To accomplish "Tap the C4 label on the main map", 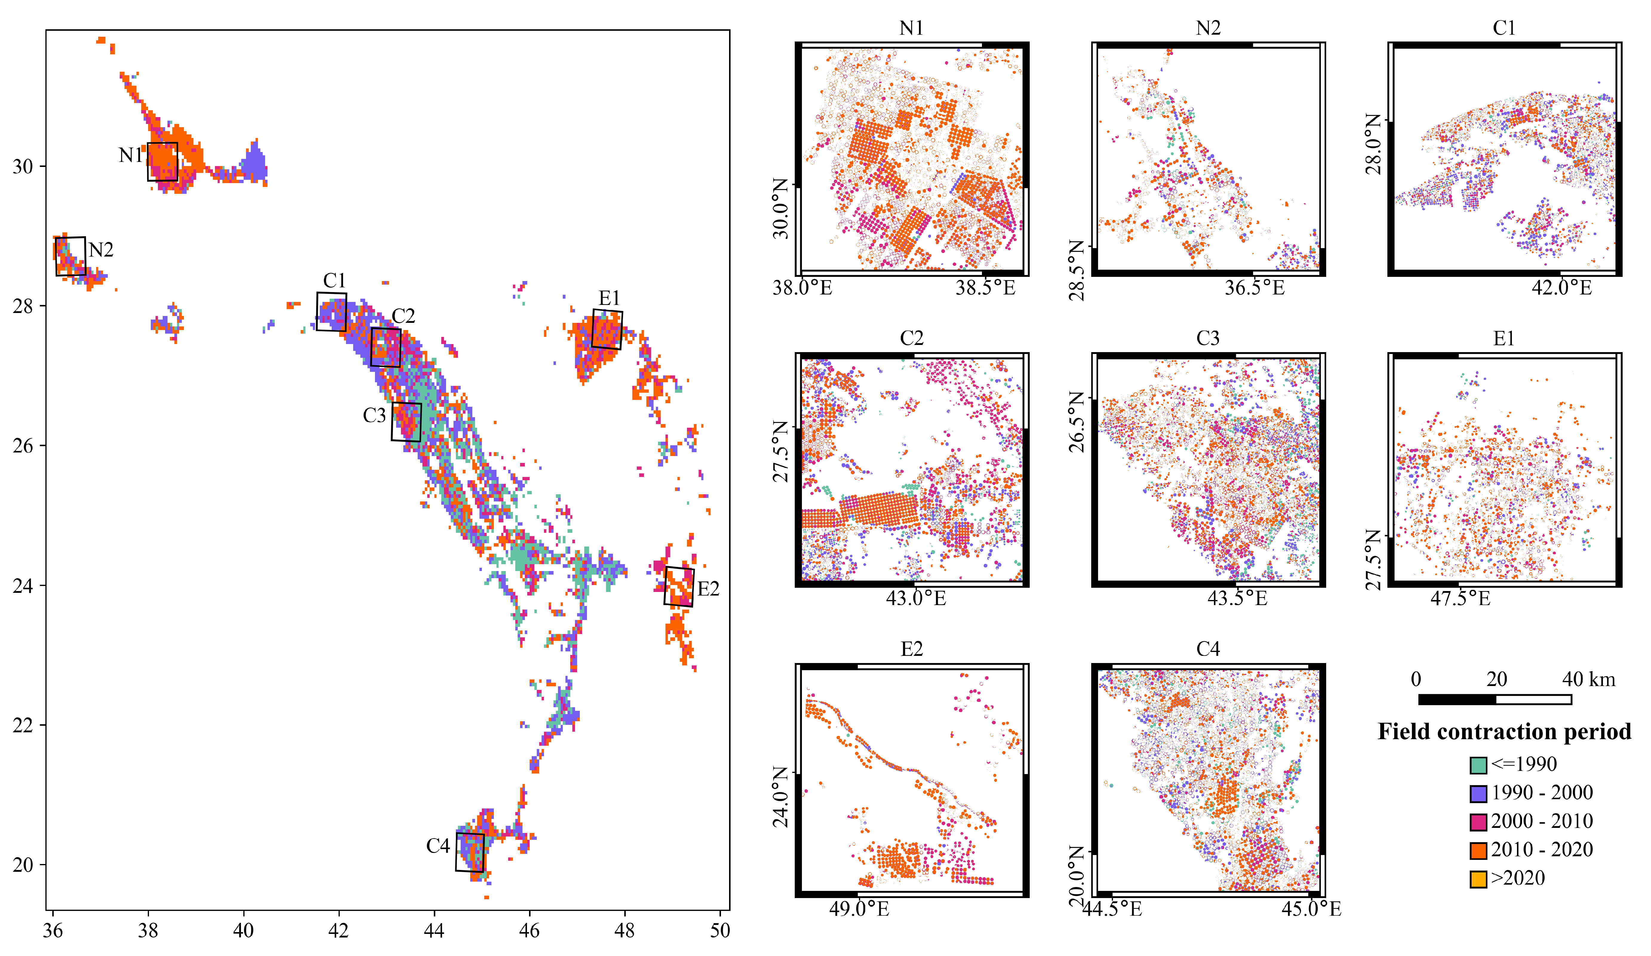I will [x=438, y=846].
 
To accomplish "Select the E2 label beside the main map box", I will [x=708, y=589].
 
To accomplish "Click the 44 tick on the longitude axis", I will [x=434, y=931].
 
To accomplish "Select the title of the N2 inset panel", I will [x=1207, y=28].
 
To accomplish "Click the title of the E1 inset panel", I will [x=1504, y=339].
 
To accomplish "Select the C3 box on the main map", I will [x=406, y=422].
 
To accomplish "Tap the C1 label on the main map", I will [x=334, y=280].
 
